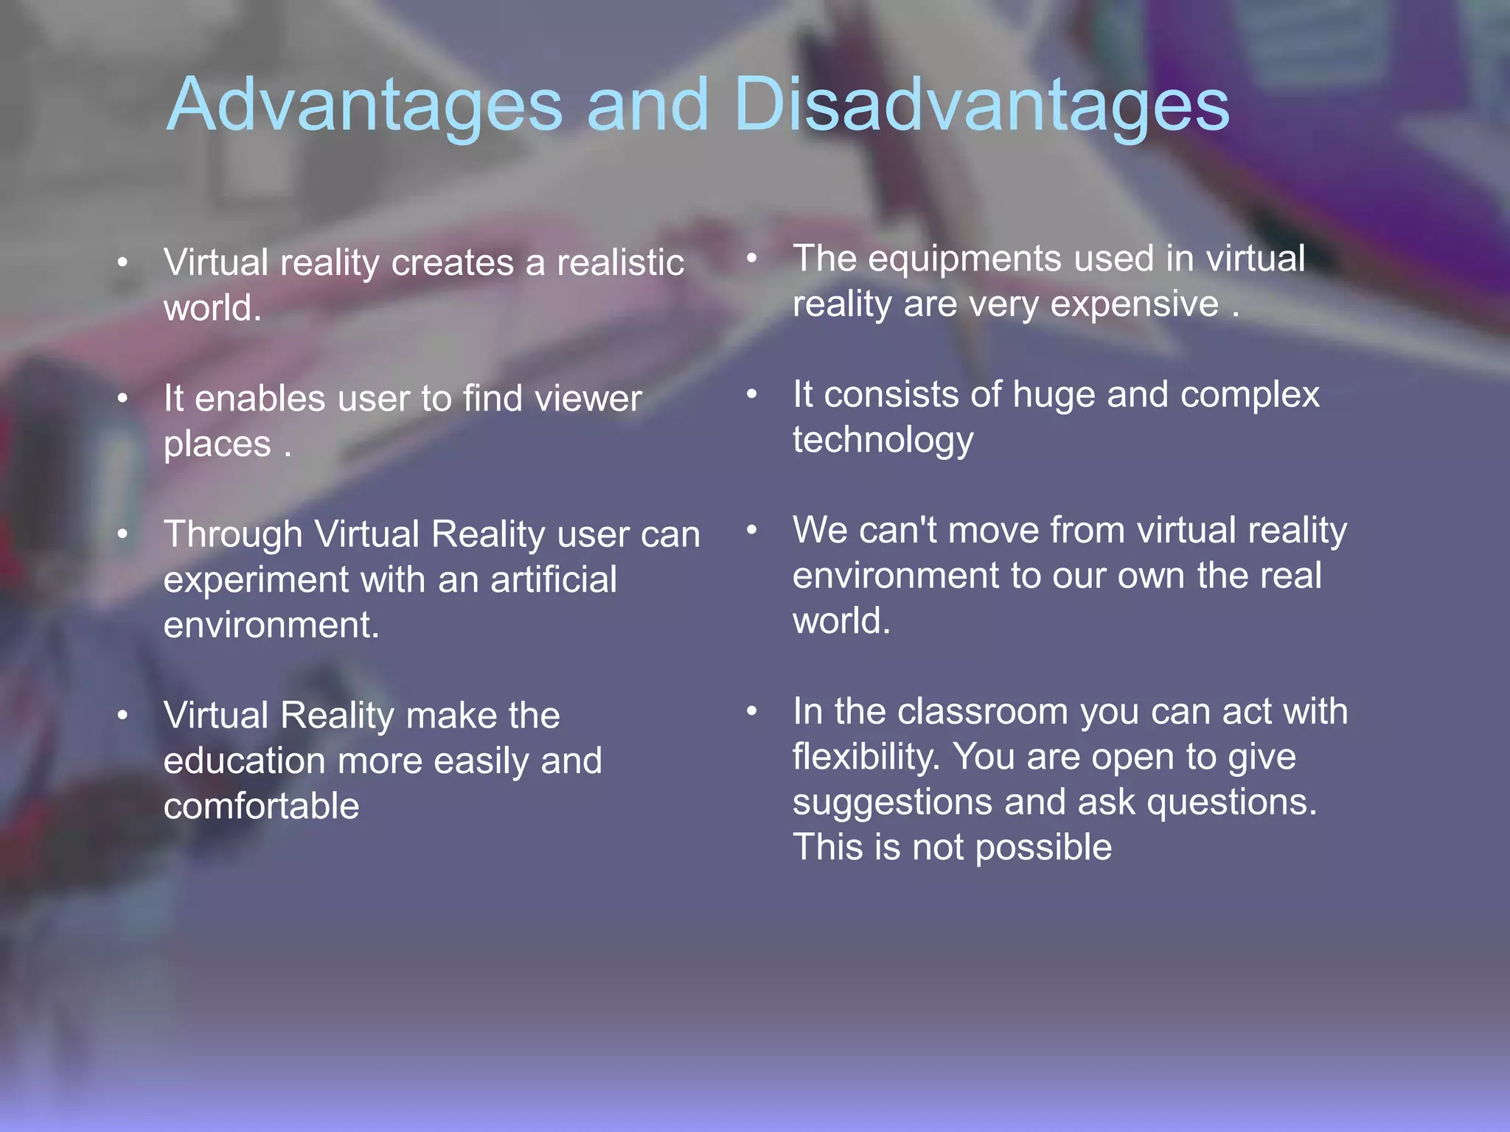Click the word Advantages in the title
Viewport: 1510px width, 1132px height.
(365, 105)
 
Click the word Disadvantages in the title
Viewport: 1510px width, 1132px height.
(981, 105)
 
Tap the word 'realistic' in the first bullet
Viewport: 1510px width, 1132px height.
(620, 263)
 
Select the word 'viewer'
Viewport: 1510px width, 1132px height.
(588, 399)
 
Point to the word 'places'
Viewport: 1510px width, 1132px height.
(218, 445)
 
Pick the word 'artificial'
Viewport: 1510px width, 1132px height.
(553, 579)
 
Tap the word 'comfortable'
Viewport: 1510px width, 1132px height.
(261, 806)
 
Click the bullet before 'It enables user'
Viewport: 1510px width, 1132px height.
(123, 399)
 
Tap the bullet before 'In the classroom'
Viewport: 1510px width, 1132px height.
(751, 712)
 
